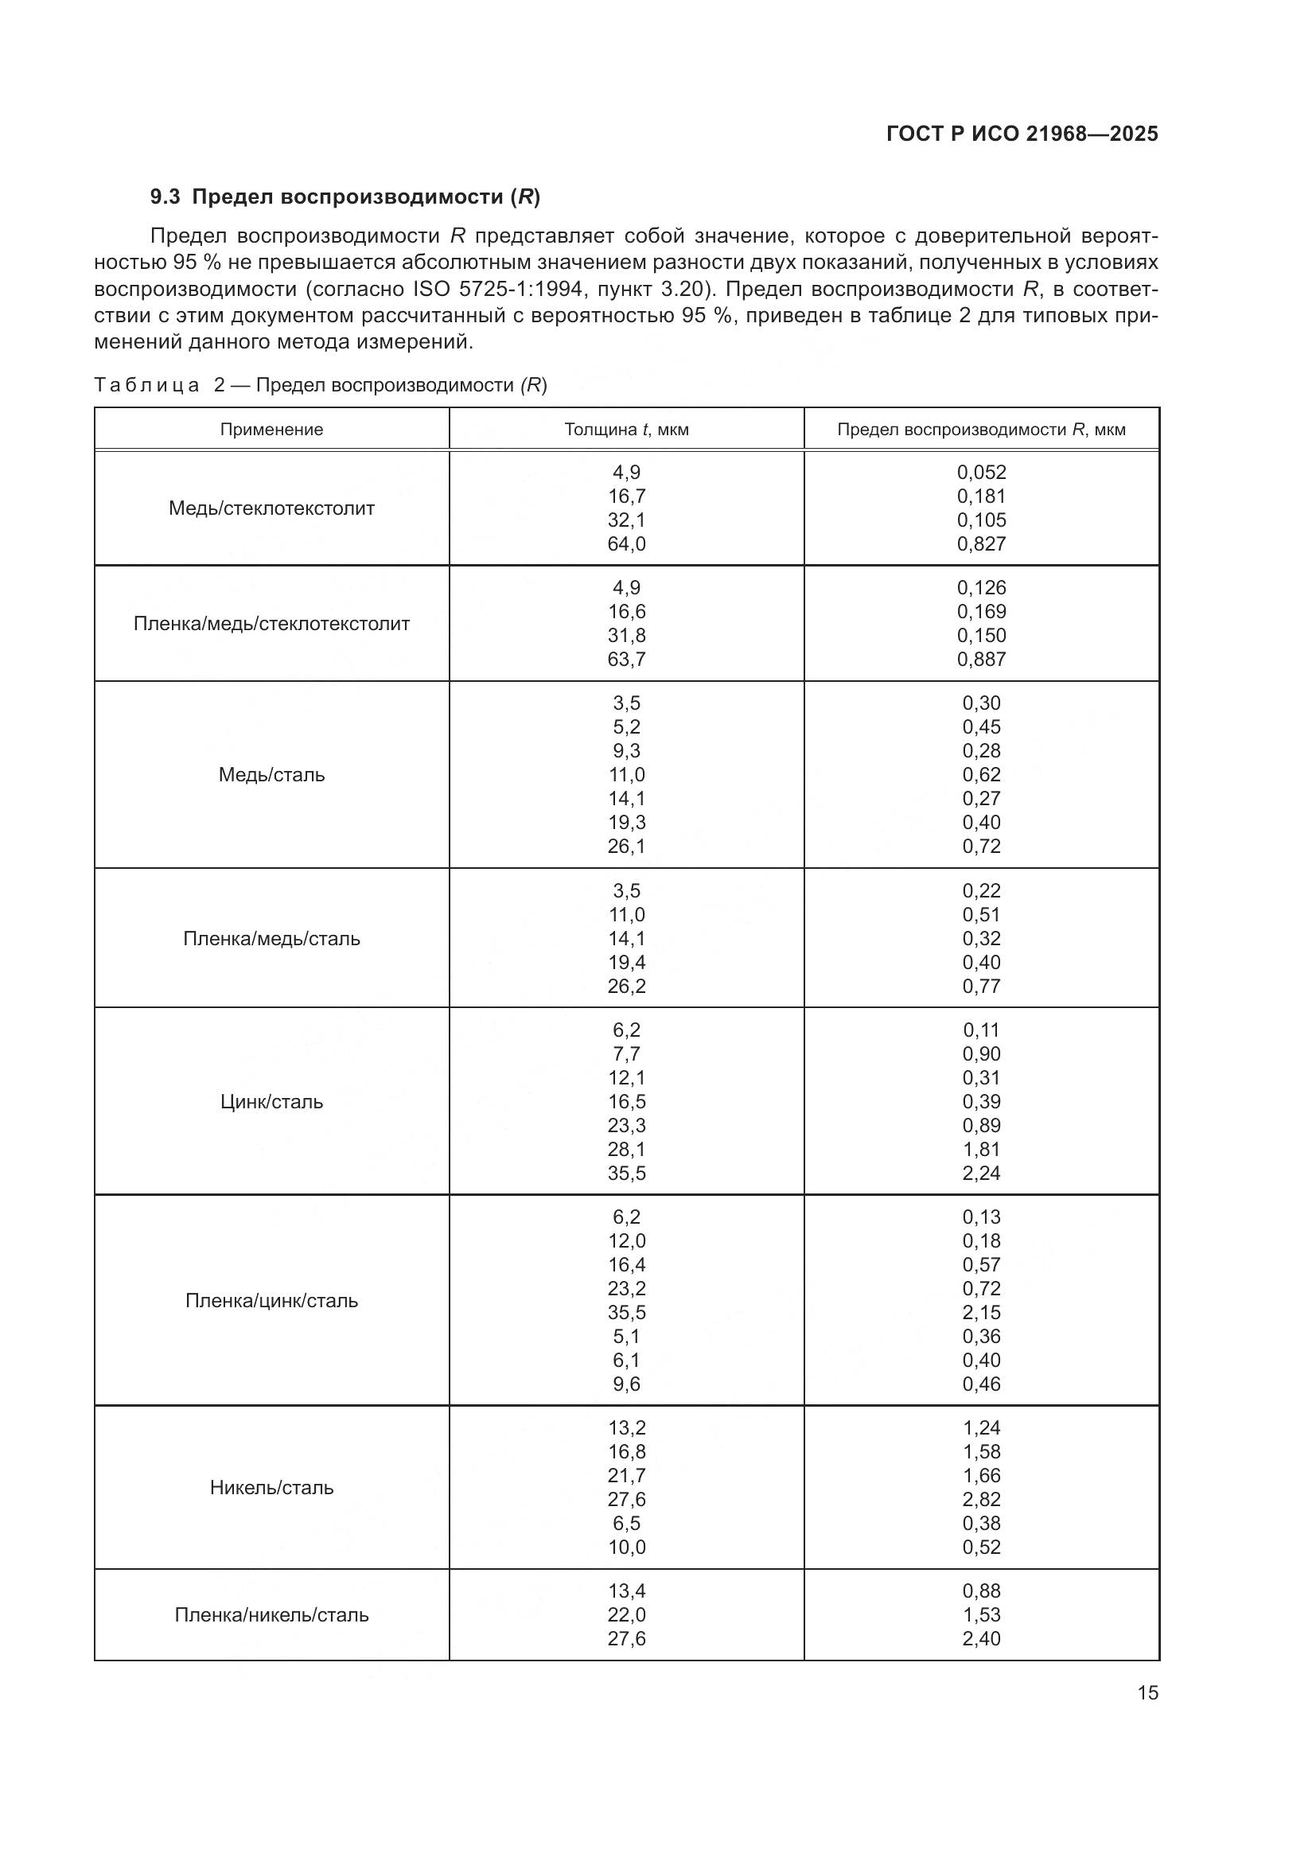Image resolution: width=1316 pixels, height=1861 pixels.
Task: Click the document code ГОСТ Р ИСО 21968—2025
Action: (1022, 134)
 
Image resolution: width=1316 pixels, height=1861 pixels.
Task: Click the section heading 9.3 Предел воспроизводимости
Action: (345, 197)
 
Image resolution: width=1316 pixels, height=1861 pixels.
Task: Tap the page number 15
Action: (1147, 1692)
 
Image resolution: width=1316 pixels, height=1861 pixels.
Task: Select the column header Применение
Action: (271, 430)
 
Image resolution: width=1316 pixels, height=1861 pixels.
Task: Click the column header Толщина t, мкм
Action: (626, 430)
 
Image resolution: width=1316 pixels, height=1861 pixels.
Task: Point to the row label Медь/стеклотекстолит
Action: (271, 508)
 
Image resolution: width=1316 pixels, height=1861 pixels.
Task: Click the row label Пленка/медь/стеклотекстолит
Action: (271, 623)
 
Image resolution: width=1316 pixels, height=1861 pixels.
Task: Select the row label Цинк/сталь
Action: (271, 1101)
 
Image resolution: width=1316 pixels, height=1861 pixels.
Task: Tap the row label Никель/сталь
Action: (271, 1487)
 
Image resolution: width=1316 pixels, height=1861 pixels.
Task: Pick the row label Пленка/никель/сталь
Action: (271, 1614)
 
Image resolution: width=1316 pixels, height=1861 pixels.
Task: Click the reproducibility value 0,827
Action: (981, 544)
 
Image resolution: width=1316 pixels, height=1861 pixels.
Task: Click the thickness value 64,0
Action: (626, 544)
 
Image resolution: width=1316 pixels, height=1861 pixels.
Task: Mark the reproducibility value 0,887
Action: (981, 659)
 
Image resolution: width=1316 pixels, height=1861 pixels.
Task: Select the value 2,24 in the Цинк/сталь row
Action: (981, 1173)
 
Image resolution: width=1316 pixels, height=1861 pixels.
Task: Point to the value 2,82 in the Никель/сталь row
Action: (981, 1500)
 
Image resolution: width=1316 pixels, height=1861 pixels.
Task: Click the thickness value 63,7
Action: (626, 659)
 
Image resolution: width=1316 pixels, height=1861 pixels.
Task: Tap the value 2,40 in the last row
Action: (981, 1638)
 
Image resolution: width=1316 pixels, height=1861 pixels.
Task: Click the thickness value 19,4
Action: (626, 962)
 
